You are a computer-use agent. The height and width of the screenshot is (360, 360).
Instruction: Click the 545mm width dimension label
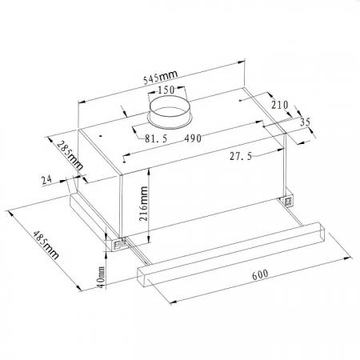(x=160, y=77)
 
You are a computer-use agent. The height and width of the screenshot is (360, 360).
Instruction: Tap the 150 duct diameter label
(x=166, y=90)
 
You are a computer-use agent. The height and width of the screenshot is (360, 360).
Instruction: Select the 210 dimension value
(x=280, y=105)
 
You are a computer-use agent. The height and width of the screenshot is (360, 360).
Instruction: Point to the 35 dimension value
(x=306, y=122)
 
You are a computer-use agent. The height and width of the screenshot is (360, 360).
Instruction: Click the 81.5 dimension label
(x=156, y=138)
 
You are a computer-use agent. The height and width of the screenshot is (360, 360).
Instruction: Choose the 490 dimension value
(x=193, y=138)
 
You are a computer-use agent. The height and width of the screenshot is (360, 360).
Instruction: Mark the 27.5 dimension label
(x=241, y=156)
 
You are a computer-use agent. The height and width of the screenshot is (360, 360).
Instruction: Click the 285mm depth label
(x=70, y=156)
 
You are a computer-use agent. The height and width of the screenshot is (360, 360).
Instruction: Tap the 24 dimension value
(x=46, y=180)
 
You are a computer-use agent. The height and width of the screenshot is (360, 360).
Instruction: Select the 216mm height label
(x=144, y=204)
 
